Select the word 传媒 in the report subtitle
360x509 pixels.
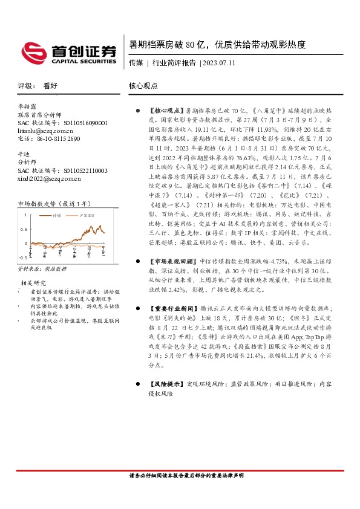coord(136,63)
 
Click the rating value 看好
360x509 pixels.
coord(50,86)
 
